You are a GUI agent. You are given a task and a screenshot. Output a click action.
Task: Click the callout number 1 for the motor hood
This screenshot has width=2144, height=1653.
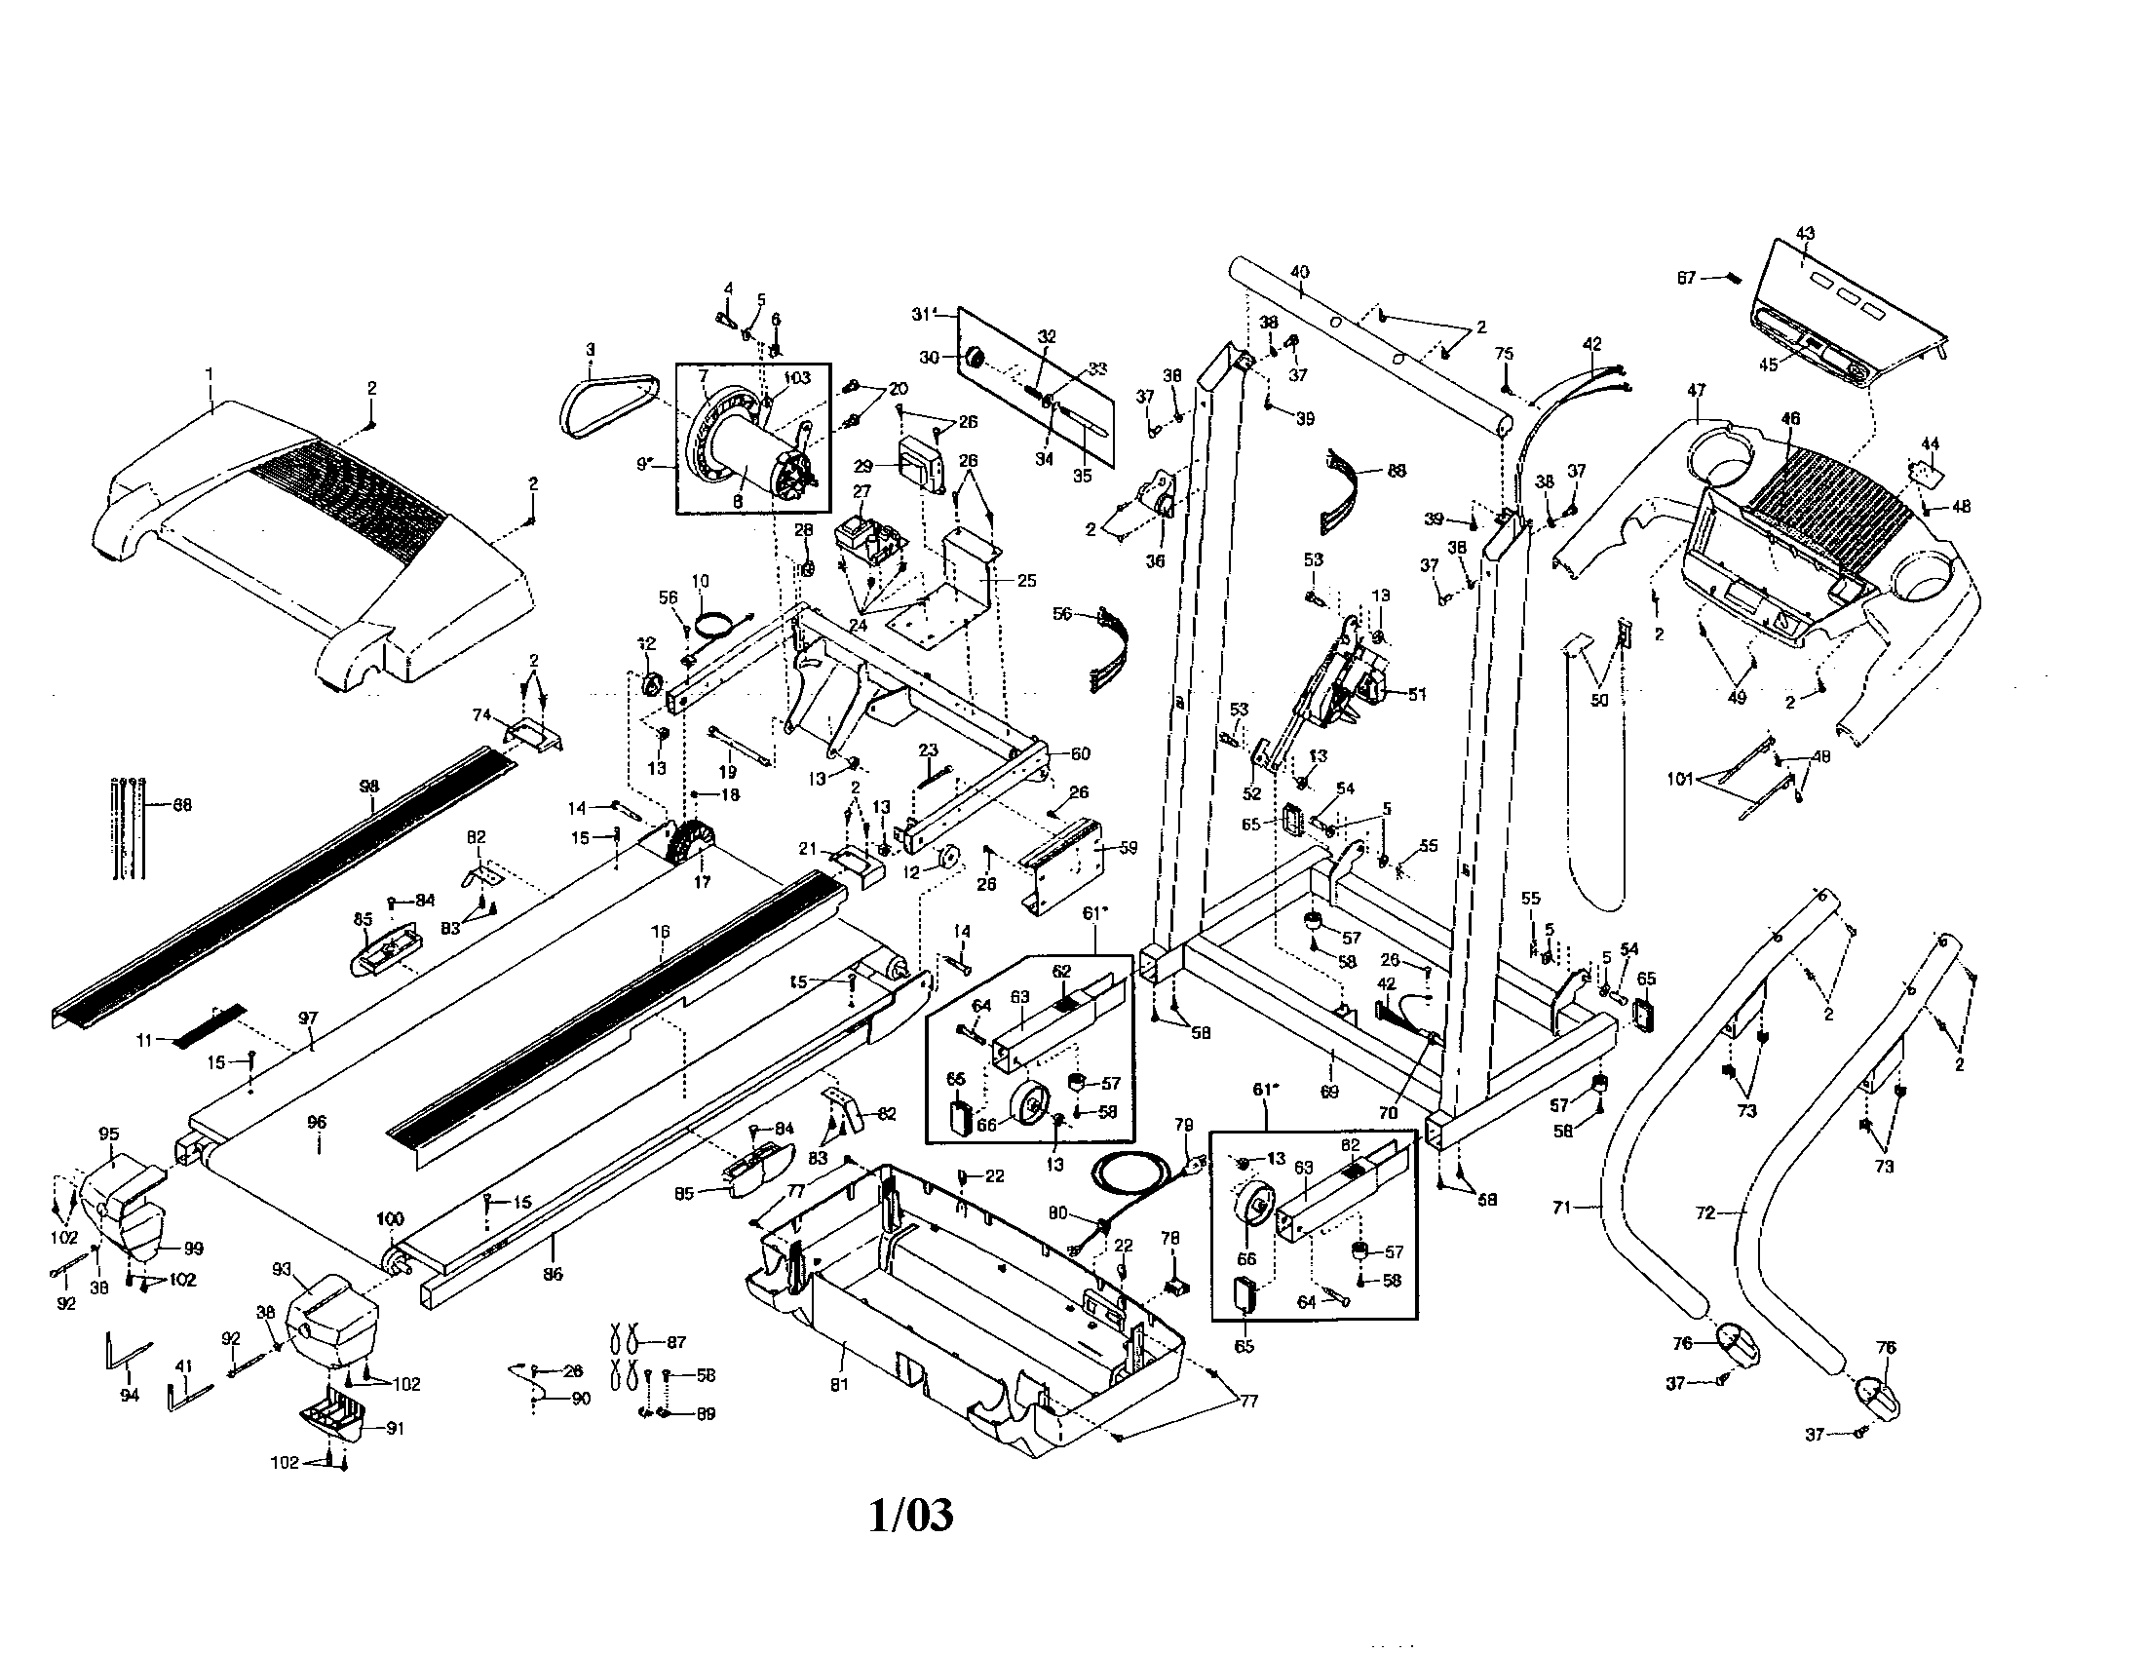click(209, 373)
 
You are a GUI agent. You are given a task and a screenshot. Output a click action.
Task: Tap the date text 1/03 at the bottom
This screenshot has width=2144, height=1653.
click(910, 1515)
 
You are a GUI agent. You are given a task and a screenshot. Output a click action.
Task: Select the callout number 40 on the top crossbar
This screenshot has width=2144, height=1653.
click(1299, 272)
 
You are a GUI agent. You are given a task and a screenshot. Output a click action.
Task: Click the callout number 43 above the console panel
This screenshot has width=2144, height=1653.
click(1804, 234)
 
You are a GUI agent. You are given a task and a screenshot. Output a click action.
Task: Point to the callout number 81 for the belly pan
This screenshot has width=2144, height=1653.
click(838, 1384)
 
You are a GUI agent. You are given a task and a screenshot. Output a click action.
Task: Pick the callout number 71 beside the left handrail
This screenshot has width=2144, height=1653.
click(1562, 1209)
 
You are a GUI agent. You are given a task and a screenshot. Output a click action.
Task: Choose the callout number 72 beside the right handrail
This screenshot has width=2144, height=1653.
click(1705, 1213)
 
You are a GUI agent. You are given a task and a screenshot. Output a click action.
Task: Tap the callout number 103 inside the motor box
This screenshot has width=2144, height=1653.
click(797, 378)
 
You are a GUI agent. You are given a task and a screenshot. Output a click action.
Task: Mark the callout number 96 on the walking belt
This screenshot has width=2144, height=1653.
click(316, 1122)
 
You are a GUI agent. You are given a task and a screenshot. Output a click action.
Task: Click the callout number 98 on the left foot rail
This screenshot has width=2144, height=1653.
click(369, 787)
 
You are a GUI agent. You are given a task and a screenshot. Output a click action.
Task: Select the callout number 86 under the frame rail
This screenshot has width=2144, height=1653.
click(553, 1274)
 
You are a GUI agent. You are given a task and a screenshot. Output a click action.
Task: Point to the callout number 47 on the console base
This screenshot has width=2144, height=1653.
click(1697, 390)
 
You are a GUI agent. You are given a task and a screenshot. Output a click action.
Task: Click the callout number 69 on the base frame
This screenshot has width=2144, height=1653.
click(1330, 1091)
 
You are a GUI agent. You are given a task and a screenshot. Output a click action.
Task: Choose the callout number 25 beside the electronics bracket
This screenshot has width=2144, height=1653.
click(1026, 581)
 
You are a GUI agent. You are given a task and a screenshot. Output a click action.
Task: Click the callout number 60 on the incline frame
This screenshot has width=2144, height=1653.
click(1080, 753)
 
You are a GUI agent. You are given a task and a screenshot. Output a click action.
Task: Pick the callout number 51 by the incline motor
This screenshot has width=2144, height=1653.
click(1417, 694)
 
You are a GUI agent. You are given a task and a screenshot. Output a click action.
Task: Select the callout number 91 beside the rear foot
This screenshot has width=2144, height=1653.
click(395, 1428)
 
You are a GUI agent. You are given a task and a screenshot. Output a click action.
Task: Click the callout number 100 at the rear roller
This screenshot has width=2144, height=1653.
click(390, 1219)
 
